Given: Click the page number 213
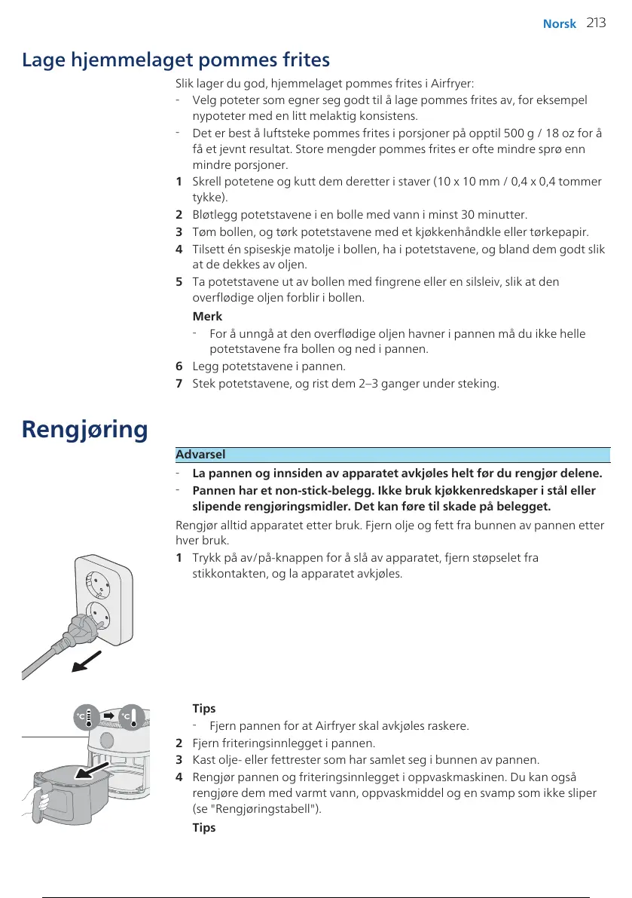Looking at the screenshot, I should point(596,23).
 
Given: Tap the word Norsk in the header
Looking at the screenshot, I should point(559,24).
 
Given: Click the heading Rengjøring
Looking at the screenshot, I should point(85,430).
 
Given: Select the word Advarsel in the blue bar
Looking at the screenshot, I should point(200,455).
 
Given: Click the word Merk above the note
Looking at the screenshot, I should point(207,317).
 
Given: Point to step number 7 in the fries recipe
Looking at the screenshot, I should point(179,383).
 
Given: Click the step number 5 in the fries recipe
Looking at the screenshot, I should point(179,281).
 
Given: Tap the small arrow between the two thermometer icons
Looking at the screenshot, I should point(108,714).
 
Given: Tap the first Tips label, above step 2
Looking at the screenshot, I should point(204,708).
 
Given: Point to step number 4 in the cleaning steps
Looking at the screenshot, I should point(179,776).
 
